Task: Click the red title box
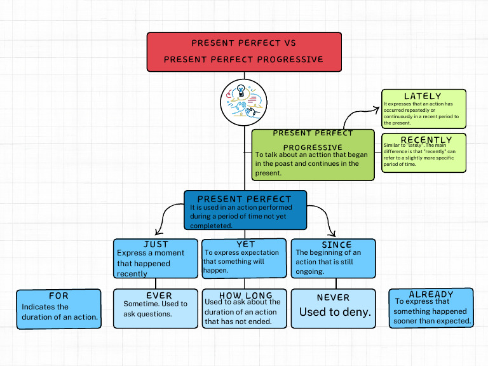(244, 52)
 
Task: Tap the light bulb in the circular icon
(241, 91)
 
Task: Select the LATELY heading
(423, 96)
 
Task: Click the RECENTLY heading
(426, 140)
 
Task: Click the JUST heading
(156, 244)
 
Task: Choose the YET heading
(245, 244)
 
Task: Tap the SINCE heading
(336, 245)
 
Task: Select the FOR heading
(58, 295)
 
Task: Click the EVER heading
(159, 295)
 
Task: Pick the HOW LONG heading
(245, 295)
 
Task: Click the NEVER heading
(333, 297)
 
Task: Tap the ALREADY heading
(431, 294)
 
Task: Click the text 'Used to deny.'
(335, 312)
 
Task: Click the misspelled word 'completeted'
(211, 226)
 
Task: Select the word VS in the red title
(290, 43)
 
